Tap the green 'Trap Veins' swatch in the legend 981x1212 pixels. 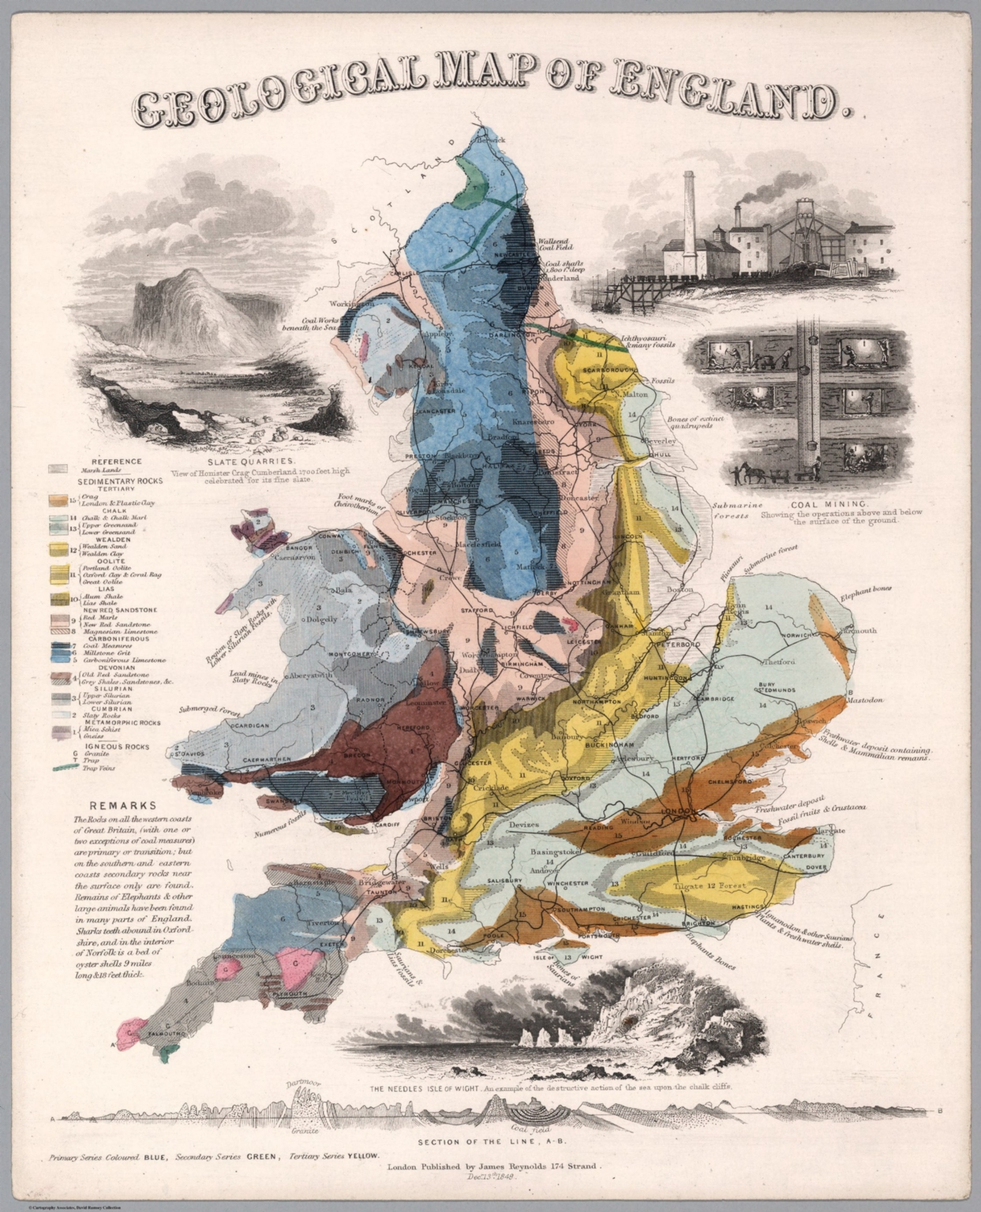coord(63,767)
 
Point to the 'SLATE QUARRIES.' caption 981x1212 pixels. coord(251,461)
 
